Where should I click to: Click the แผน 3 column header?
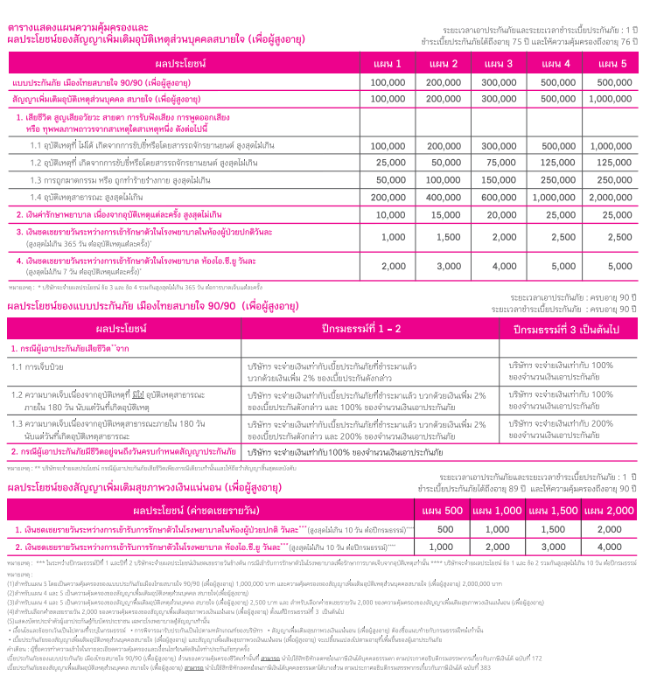coord(499,64)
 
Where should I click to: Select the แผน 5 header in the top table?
coord(611,64)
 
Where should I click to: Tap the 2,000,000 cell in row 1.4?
coord(611,198)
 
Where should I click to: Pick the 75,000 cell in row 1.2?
coord(499,163)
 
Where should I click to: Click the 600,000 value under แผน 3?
coord(499,198)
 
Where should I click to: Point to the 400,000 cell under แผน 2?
coord(443,198)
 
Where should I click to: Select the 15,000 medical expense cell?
coord(443,214)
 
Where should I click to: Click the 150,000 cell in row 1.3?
coord(499,180)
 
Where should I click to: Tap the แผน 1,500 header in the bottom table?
coord(553,510)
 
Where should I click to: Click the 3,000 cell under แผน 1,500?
coord(553,547)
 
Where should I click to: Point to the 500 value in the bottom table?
coord(444,529)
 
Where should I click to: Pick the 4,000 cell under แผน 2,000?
coord(609,547)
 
